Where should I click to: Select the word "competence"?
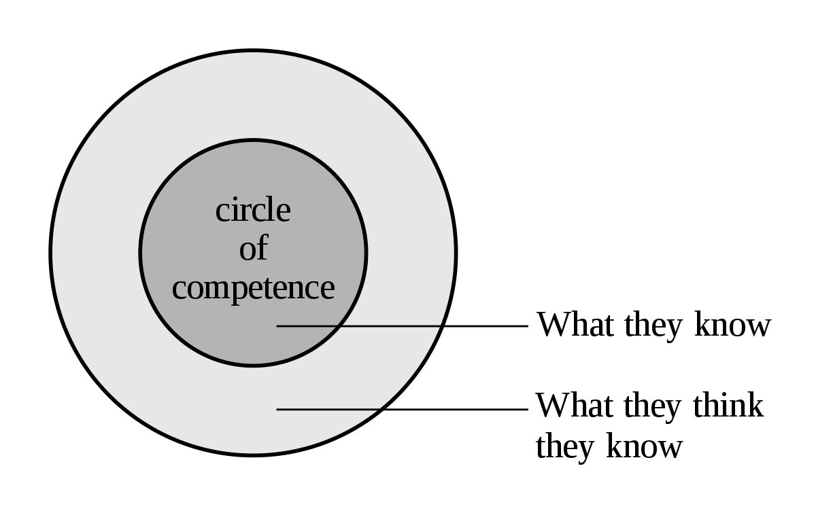[253, 288]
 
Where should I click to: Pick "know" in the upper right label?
[732, 325]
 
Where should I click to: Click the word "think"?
[728, 406]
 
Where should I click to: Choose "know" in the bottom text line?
[644, 447]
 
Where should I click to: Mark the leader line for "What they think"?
[449, 409]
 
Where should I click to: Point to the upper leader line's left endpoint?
[278, 326]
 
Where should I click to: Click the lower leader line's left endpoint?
[278, 409]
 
